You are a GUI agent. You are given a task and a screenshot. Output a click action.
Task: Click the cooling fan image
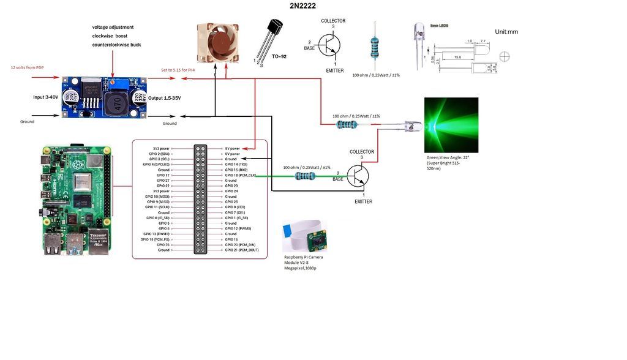pyautogui.click(x=217, y=43)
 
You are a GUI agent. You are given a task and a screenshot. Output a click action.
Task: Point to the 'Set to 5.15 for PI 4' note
pyautogui.click(x=178, y=70)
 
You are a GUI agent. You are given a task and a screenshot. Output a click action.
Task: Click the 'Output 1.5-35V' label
pyautogui.click(x=168, y=98)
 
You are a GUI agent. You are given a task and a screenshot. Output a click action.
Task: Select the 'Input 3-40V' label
pyautogui.click(x=47, y=97)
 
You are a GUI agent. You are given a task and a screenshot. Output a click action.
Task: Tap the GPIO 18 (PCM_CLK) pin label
pyautogui.click(x=239, y=175)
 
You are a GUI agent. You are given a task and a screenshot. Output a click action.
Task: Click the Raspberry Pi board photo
pyautogui.click(x=77, y=200)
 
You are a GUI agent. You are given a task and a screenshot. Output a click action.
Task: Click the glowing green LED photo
pyautogui.click(x=451, y=125)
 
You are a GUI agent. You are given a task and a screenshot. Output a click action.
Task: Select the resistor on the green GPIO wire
pyautogui.click(x=305, y=176)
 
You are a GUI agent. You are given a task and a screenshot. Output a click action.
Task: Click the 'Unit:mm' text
pyautogui.click(x=506, y=31)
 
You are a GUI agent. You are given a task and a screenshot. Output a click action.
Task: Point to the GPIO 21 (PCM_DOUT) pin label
pyautogui.click(x=242, y=250)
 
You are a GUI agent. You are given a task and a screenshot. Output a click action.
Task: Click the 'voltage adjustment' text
pyautogui.click(x=113, y=27)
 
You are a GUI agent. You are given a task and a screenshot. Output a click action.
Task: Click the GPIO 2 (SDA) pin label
pyautogui.click(x=158, y=154)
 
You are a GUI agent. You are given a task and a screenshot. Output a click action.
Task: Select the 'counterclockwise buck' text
pyautogui.click(x=116, y=45)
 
